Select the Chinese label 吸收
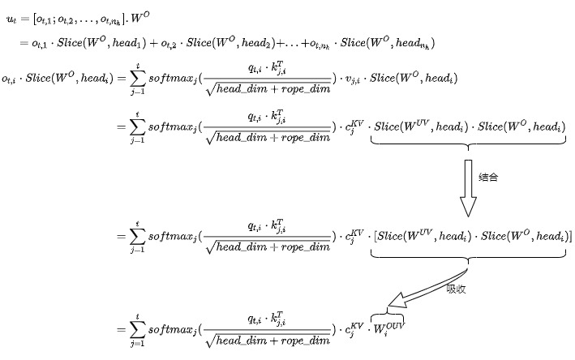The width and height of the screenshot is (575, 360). (x=456, y=288)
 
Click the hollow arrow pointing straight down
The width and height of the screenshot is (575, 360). (x=468, y=187)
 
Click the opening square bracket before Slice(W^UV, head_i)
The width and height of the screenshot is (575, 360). (x=374, y=236)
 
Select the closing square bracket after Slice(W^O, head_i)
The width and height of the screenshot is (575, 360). (x=569, y=236)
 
